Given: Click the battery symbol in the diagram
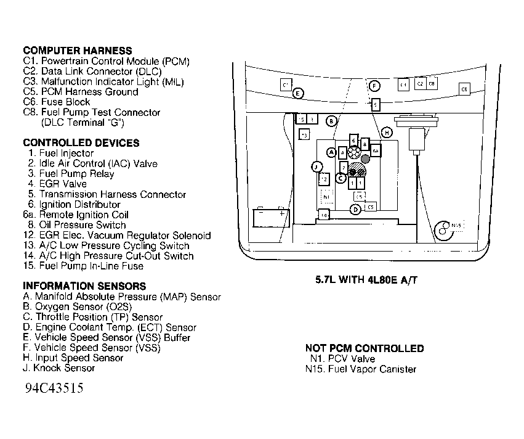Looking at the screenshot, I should pyautogui.click(x=272, y=218).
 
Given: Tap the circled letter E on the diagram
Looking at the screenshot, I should pyautogui.click(x=298, y=93).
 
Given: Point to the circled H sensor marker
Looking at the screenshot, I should pyautogui.click(x=387, y=133).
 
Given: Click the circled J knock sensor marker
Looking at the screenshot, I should pyautogui.click(x=316, y=166).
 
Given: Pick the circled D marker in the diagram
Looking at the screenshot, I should pyautogui.click(x=355, y=210).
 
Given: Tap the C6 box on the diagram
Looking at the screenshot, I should pyautogui.click(x=464, y=89).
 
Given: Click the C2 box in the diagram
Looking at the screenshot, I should pyautogui.click(x=420, y=83).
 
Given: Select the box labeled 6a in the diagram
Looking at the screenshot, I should pyautogui.click(x=375, y=150).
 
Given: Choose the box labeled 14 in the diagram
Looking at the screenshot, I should pyautogui.click(x=323, y=214).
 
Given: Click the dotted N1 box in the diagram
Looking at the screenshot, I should pyautogui.click(x=326, y=196).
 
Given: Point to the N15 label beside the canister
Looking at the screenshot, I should pyautogui.click(x=456, y=226).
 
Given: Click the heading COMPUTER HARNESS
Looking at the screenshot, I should pyautogui.click(x=77, y=51).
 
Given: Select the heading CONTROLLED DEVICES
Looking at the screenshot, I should pyautogui.click(x=81, y=143).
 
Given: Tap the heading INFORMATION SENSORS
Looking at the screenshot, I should pyautogui.click(x=84, y=286).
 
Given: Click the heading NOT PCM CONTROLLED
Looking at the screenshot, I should pyautogui.click(x=364, y=348).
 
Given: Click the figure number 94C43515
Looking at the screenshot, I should pyautogui.click(x=54, y=390).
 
